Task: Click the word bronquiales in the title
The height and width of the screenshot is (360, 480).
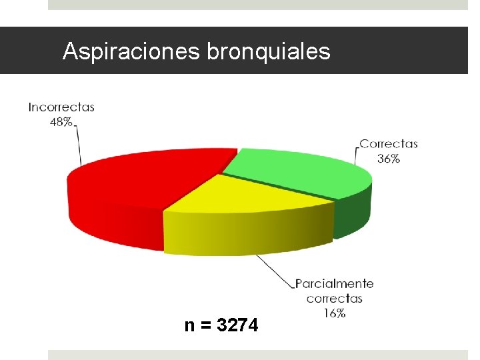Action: [x=269, y=51]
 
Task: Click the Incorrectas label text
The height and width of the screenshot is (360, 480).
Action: [x=61, y=107]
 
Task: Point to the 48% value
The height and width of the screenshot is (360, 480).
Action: [x=61, y=122]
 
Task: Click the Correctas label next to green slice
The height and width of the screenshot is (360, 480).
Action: [x=388, y=143]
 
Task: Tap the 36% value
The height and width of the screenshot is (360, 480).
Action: [x=388, y=159]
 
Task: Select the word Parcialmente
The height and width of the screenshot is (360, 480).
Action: [x=334, y=284]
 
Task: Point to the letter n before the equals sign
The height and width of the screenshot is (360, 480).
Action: [x=190, y=327]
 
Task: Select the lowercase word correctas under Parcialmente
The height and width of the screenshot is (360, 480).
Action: [x=334, y=299]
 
